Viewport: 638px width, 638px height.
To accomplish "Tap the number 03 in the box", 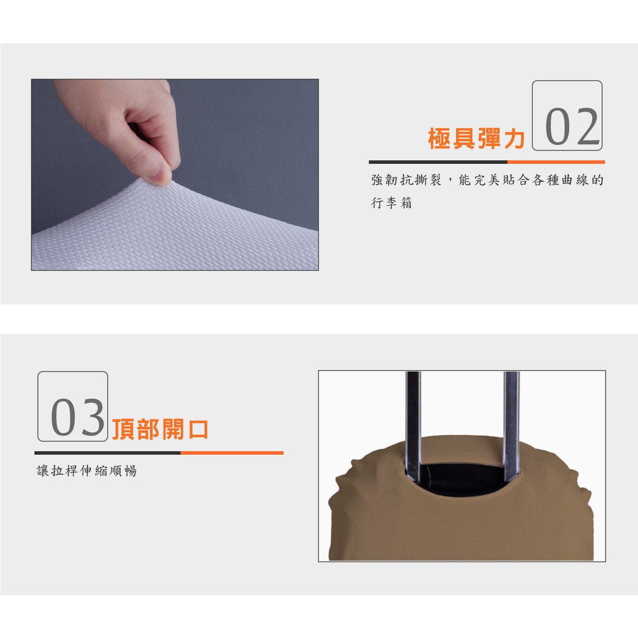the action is tap(78, 417).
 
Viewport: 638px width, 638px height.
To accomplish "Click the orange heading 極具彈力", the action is tap(476, 138).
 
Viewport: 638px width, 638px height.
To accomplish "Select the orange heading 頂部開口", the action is tap(160, 430).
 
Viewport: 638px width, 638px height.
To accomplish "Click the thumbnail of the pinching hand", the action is tap(175, 175).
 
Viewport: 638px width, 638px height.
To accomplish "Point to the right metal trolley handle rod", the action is tap(511, 426).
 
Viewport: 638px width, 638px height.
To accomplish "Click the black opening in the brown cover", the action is tap(462, 478).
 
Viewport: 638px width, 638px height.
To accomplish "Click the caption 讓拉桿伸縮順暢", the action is tap(87, 471).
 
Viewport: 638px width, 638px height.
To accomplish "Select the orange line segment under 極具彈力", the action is tap(556, 162).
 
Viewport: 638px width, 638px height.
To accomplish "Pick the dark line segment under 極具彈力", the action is tap(438, 162).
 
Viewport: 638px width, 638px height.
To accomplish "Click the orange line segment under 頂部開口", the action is tap(232, 453).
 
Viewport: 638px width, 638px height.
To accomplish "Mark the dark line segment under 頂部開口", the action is tap(107, 453).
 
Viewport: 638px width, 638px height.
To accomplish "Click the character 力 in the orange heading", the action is tap(514, 138).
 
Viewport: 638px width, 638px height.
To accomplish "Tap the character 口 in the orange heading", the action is tap(197, 430).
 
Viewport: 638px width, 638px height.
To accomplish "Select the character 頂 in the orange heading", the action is tap(123, 430).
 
